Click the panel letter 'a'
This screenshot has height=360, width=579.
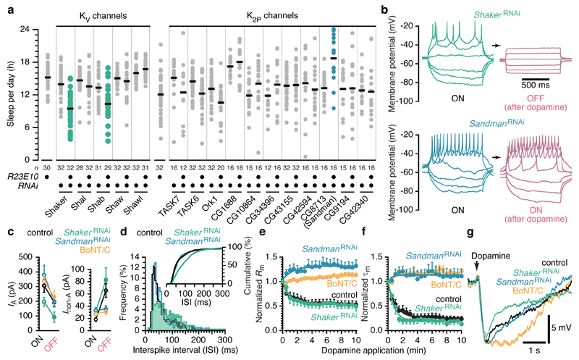6,7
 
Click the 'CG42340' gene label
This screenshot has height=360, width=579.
364,206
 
